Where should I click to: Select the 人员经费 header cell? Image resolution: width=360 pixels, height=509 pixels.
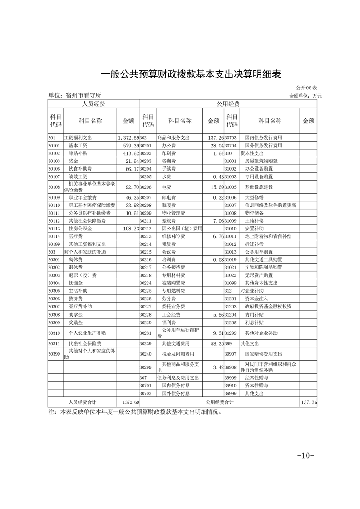pos(94,104)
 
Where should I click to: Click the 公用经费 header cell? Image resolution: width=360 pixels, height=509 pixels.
pos(228,104)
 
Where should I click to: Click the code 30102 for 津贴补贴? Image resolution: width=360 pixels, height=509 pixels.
pos(54,153)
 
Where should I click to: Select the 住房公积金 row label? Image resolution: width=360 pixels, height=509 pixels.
pos(80,229)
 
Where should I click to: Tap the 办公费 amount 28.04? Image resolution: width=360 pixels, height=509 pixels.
pos(215,146)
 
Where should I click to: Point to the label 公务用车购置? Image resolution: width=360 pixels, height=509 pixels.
pos(258,251)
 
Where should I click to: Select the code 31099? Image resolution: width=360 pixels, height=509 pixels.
pos(231,282)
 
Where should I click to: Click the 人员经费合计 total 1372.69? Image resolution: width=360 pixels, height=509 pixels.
pos(130,402)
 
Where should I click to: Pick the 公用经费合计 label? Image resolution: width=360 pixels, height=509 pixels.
pos(220,402)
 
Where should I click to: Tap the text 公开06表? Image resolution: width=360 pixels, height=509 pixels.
pos(307,87)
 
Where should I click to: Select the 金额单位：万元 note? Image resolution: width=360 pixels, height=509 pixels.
pos(305,96)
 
